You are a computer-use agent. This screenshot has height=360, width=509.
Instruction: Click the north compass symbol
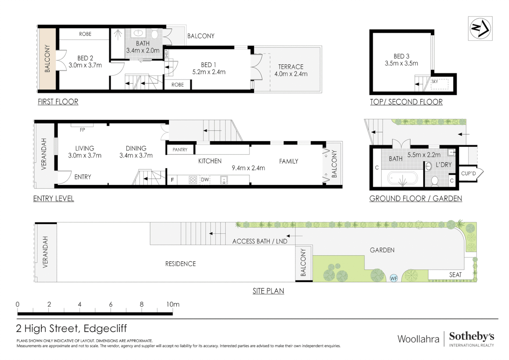click(x=480, y=28)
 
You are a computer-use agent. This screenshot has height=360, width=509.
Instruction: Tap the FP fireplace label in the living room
click(x=82, y=130)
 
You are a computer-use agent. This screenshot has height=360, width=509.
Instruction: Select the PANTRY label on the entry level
click(x=180, y=150)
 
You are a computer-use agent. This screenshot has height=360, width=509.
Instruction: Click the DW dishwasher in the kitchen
click(x=205, y=180)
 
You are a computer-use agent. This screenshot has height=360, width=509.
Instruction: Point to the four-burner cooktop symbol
click(x=193, y=180)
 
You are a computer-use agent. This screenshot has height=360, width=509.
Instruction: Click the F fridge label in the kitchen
click(x=173, y=180)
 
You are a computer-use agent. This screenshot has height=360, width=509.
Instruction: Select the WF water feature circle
click(x=393, y=278)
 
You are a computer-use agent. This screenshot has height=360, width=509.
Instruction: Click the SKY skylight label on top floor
click(x=435, y=81)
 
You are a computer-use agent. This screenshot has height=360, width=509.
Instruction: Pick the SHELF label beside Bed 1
click(x=167, y=54)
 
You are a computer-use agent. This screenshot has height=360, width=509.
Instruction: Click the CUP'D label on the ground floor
click(x=468, y=174)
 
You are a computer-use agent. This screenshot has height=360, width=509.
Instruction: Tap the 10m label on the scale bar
click(x=173, y=304)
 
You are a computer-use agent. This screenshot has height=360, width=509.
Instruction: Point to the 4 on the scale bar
click(x=80, y=304)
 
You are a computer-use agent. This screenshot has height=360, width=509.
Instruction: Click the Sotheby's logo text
click(x=471, y=337)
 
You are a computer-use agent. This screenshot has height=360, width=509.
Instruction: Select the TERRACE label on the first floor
click(x=291, y=67)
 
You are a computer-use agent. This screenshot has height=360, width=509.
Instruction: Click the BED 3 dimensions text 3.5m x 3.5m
click(x=401, y=63)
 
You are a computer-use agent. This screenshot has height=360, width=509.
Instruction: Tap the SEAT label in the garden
click(x=455, y=275)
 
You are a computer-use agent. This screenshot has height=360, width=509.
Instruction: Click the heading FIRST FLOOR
click(x=58, y=102)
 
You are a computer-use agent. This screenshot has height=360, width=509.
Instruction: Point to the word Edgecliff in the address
click(x=105, y=329)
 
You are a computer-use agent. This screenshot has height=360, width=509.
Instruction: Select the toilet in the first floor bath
click(x=155, y=34)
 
